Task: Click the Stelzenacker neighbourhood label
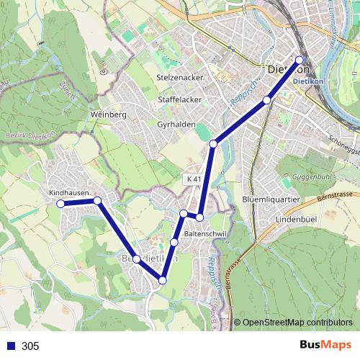[180, 76]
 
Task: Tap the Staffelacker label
[179, 100]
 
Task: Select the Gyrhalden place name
[176, 124]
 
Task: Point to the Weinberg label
[109, 114]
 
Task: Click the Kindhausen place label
[68, 194]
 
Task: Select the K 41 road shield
[191, 178]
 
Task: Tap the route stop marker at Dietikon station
[300, 60]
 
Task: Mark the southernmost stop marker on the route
[163, 280]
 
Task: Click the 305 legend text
[30, 346]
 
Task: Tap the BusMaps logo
[327, 345]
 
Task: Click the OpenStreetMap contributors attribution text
[297, 323]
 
